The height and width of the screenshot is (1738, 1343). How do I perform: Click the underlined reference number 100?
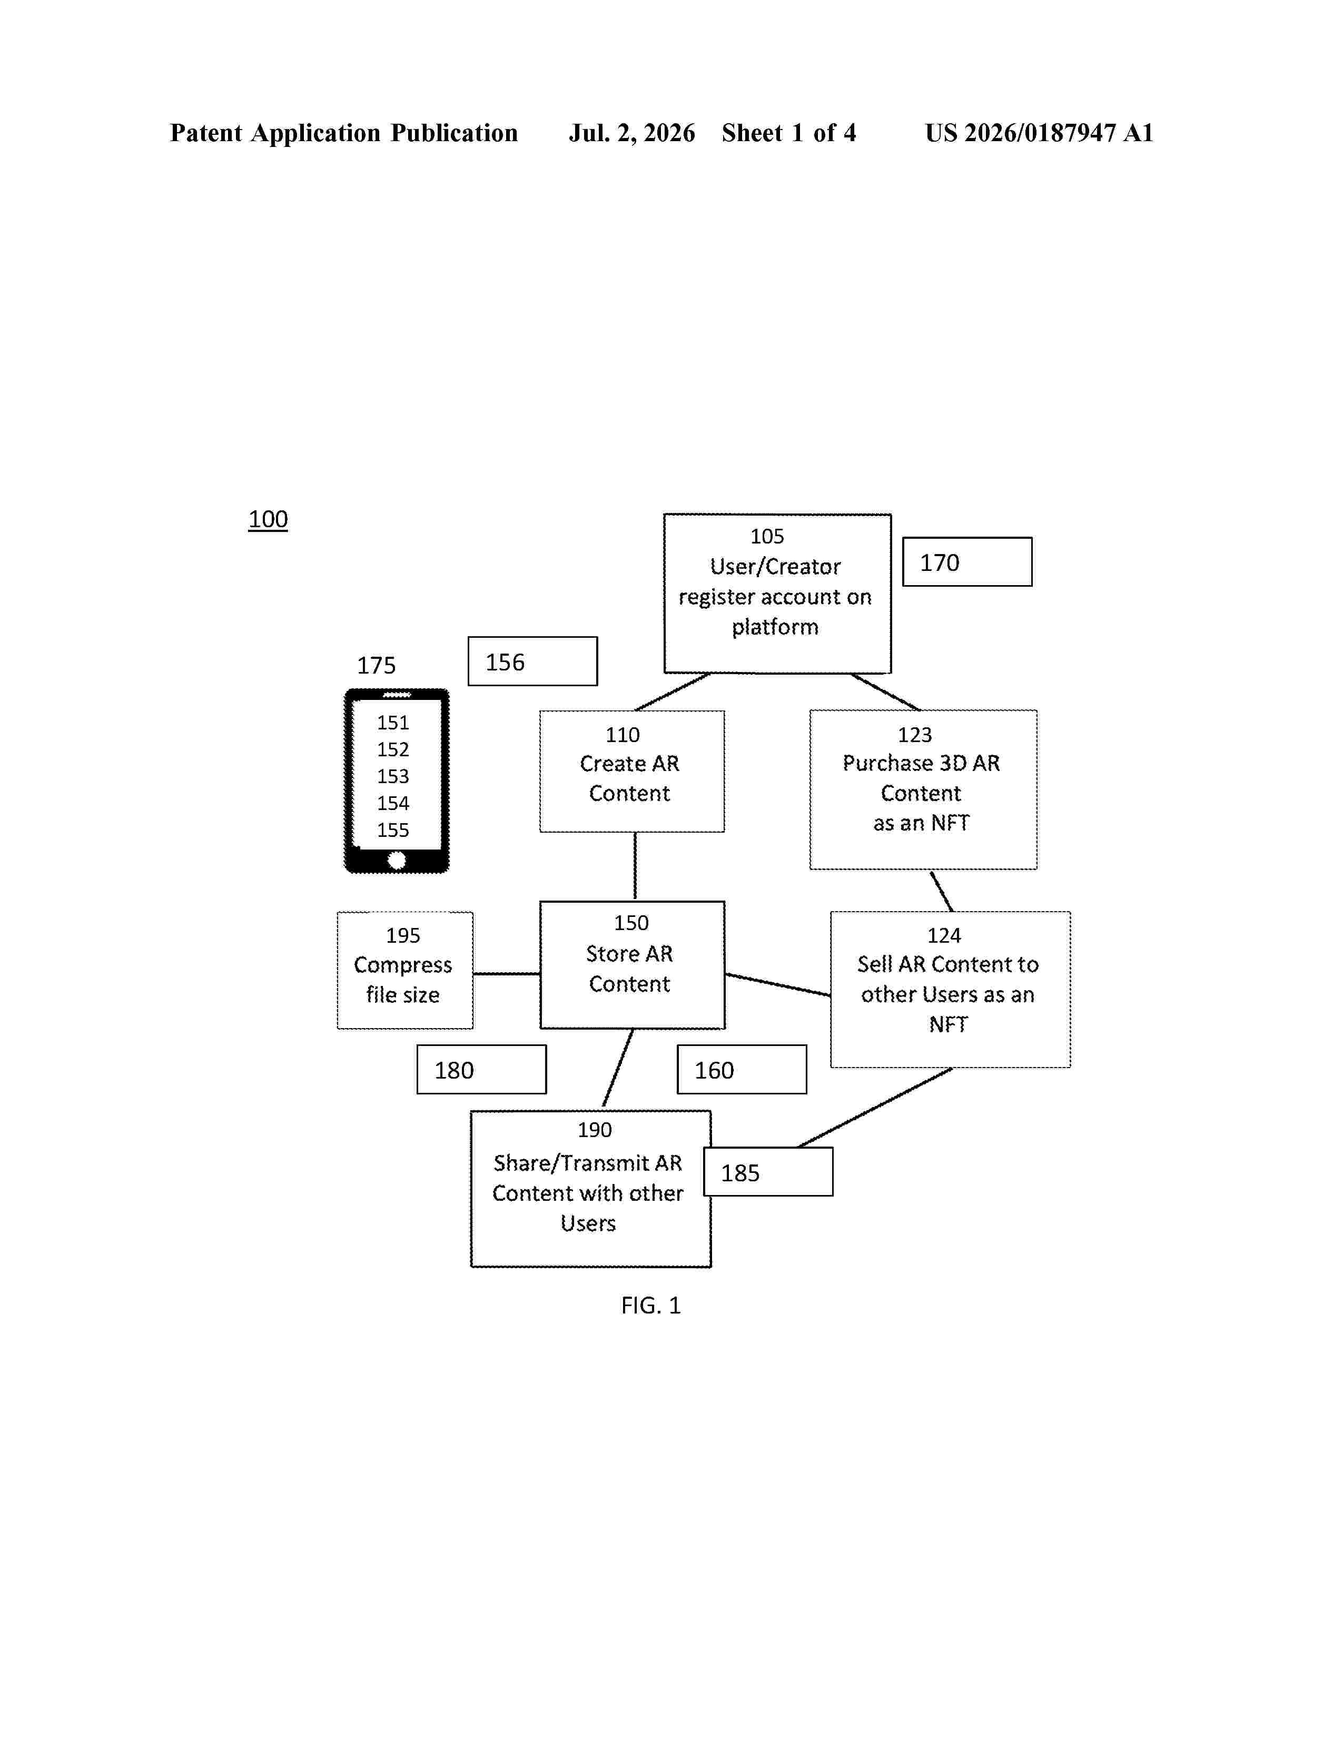coord(268,520)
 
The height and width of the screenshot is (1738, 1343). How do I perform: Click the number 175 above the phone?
coord(377,665)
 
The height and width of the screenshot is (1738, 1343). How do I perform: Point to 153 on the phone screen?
coord(393,776)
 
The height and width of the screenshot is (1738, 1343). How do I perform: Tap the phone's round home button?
coord(396,860)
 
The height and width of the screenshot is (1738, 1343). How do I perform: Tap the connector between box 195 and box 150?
coord(507,973)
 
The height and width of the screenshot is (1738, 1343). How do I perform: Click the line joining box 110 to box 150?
coord(635,866)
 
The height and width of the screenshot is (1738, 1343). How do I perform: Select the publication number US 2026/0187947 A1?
coord(1039,133)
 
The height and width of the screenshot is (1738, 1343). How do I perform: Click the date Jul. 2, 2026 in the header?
coord(631,133)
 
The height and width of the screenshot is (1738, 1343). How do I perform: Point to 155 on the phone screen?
coord(393,830)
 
